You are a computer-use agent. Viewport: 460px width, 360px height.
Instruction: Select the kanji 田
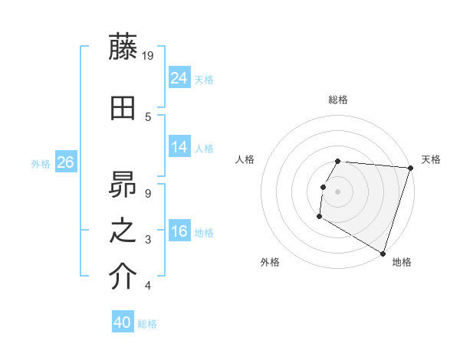123,109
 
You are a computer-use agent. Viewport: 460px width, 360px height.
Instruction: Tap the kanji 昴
123,184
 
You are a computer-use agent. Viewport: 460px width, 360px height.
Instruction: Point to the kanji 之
123,231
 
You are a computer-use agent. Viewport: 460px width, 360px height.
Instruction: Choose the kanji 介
123,277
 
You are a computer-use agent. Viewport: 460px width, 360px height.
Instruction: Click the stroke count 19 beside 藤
149,56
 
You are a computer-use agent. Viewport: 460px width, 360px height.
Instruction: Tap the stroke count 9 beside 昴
148,193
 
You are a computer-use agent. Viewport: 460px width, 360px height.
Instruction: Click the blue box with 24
179,78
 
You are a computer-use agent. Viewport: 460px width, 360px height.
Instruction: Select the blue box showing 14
179,147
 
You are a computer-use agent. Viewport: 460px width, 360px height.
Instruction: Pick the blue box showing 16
179,231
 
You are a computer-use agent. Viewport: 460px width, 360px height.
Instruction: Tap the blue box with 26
65,162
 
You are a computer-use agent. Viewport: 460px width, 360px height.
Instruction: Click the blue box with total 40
123,322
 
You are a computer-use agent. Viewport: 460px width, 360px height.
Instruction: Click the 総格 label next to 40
148,324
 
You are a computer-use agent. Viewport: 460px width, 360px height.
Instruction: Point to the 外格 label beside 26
41,164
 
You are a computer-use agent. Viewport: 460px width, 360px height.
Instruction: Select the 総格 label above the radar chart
338,100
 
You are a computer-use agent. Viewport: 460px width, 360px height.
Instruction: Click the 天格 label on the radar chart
431,159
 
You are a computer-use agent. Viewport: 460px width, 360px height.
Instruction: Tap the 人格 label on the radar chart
245,159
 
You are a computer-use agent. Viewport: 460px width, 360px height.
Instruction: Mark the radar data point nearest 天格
410,168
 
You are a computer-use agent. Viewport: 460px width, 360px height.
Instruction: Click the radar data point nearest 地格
383,253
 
